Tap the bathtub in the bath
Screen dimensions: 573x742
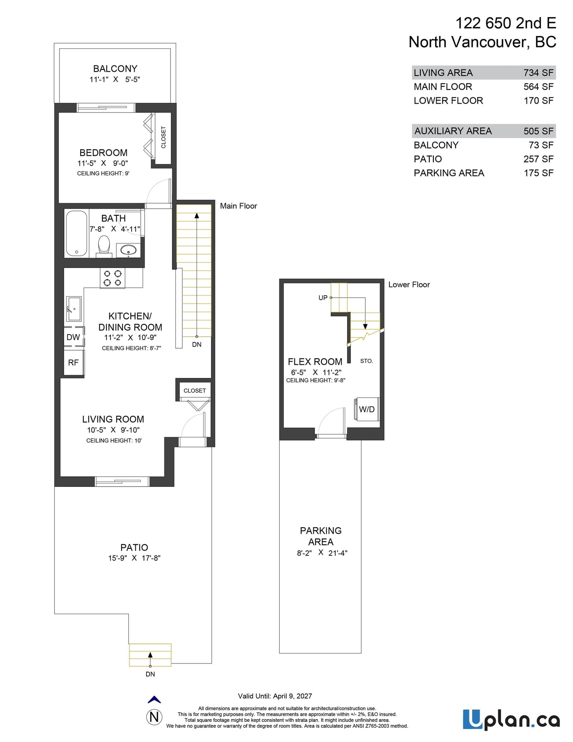[x=77, y=233]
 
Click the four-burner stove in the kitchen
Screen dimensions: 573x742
[x=112, y=278]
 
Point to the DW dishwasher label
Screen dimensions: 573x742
[x=73, y=337]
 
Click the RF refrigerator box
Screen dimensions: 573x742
[x=73, y=363]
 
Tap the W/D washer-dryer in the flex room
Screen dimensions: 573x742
[x=366, y=409]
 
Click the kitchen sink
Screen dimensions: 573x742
[x=74, y=308]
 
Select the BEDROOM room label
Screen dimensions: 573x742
[x=103, y=153]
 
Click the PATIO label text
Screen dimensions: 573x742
[x=134, y=547]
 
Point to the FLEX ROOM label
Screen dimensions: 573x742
[x=315, y=362]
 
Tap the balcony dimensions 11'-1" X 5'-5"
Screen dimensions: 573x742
[x=115, y=79]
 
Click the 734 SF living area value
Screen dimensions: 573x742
[x=538, y=73]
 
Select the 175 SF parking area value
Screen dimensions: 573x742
[x=538, y=173]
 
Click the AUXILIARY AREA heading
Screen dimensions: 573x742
[x=453, y=131]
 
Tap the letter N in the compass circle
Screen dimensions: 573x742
[x=154, y=717]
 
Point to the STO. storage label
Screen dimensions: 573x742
[x=366, y=361]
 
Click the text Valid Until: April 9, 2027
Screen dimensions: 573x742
[x=275, y=696]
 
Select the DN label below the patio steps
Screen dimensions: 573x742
[x=150, y=674]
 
